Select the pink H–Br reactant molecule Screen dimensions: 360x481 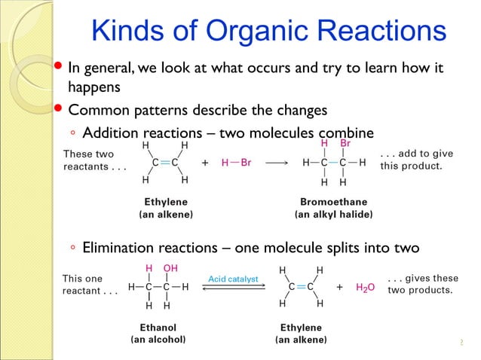[237, 162]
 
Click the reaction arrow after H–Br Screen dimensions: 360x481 [277, 162]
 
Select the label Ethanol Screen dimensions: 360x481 [158, 328]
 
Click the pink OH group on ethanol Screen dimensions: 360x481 [170, 268]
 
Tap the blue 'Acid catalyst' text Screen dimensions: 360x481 [233, 279]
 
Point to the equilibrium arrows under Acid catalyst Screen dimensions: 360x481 [233, 288]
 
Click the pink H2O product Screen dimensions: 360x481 [365, 287]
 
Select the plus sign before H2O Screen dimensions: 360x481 [339, 287]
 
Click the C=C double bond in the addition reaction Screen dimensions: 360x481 [164, 162]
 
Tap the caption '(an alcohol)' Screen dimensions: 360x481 [158, 340]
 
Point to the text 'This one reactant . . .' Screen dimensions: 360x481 [90, 284]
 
